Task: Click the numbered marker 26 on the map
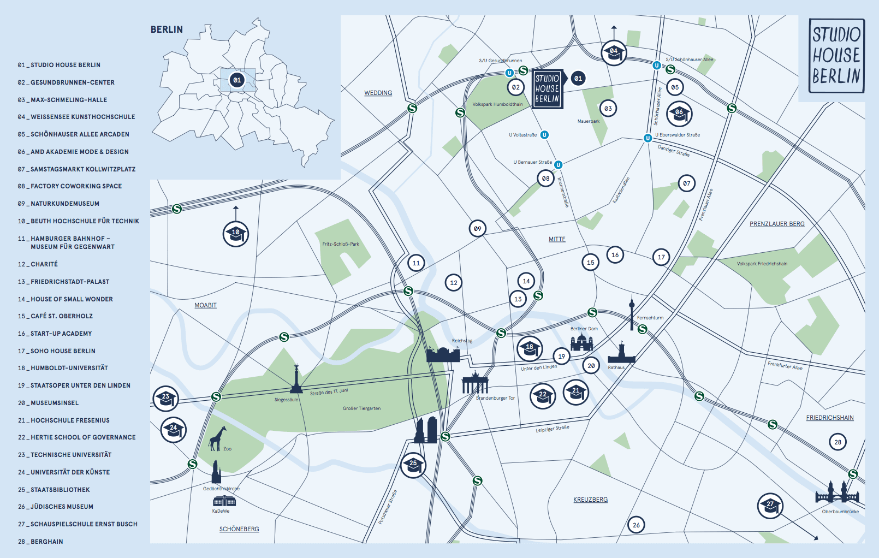coord(636,525)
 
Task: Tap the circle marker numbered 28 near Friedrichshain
coord(838,442)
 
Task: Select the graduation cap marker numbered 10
coord(236,234)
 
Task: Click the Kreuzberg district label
coord(590,500)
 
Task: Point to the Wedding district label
coord(378,93)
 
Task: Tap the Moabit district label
coord(205,305)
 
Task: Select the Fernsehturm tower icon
coord(632,313)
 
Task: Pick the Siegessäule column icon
coord(296,379)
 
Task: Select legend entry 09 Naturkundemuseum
coord(58,204)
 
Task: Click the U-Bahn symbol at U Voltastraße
coord(544,135)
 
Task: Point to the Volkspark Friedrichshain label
coord(762,264)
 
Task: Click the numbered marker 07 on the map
coord(686,183)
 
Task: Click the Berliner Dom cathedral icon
coord(581,342)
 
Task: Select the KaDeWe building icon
coord(224,501)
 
